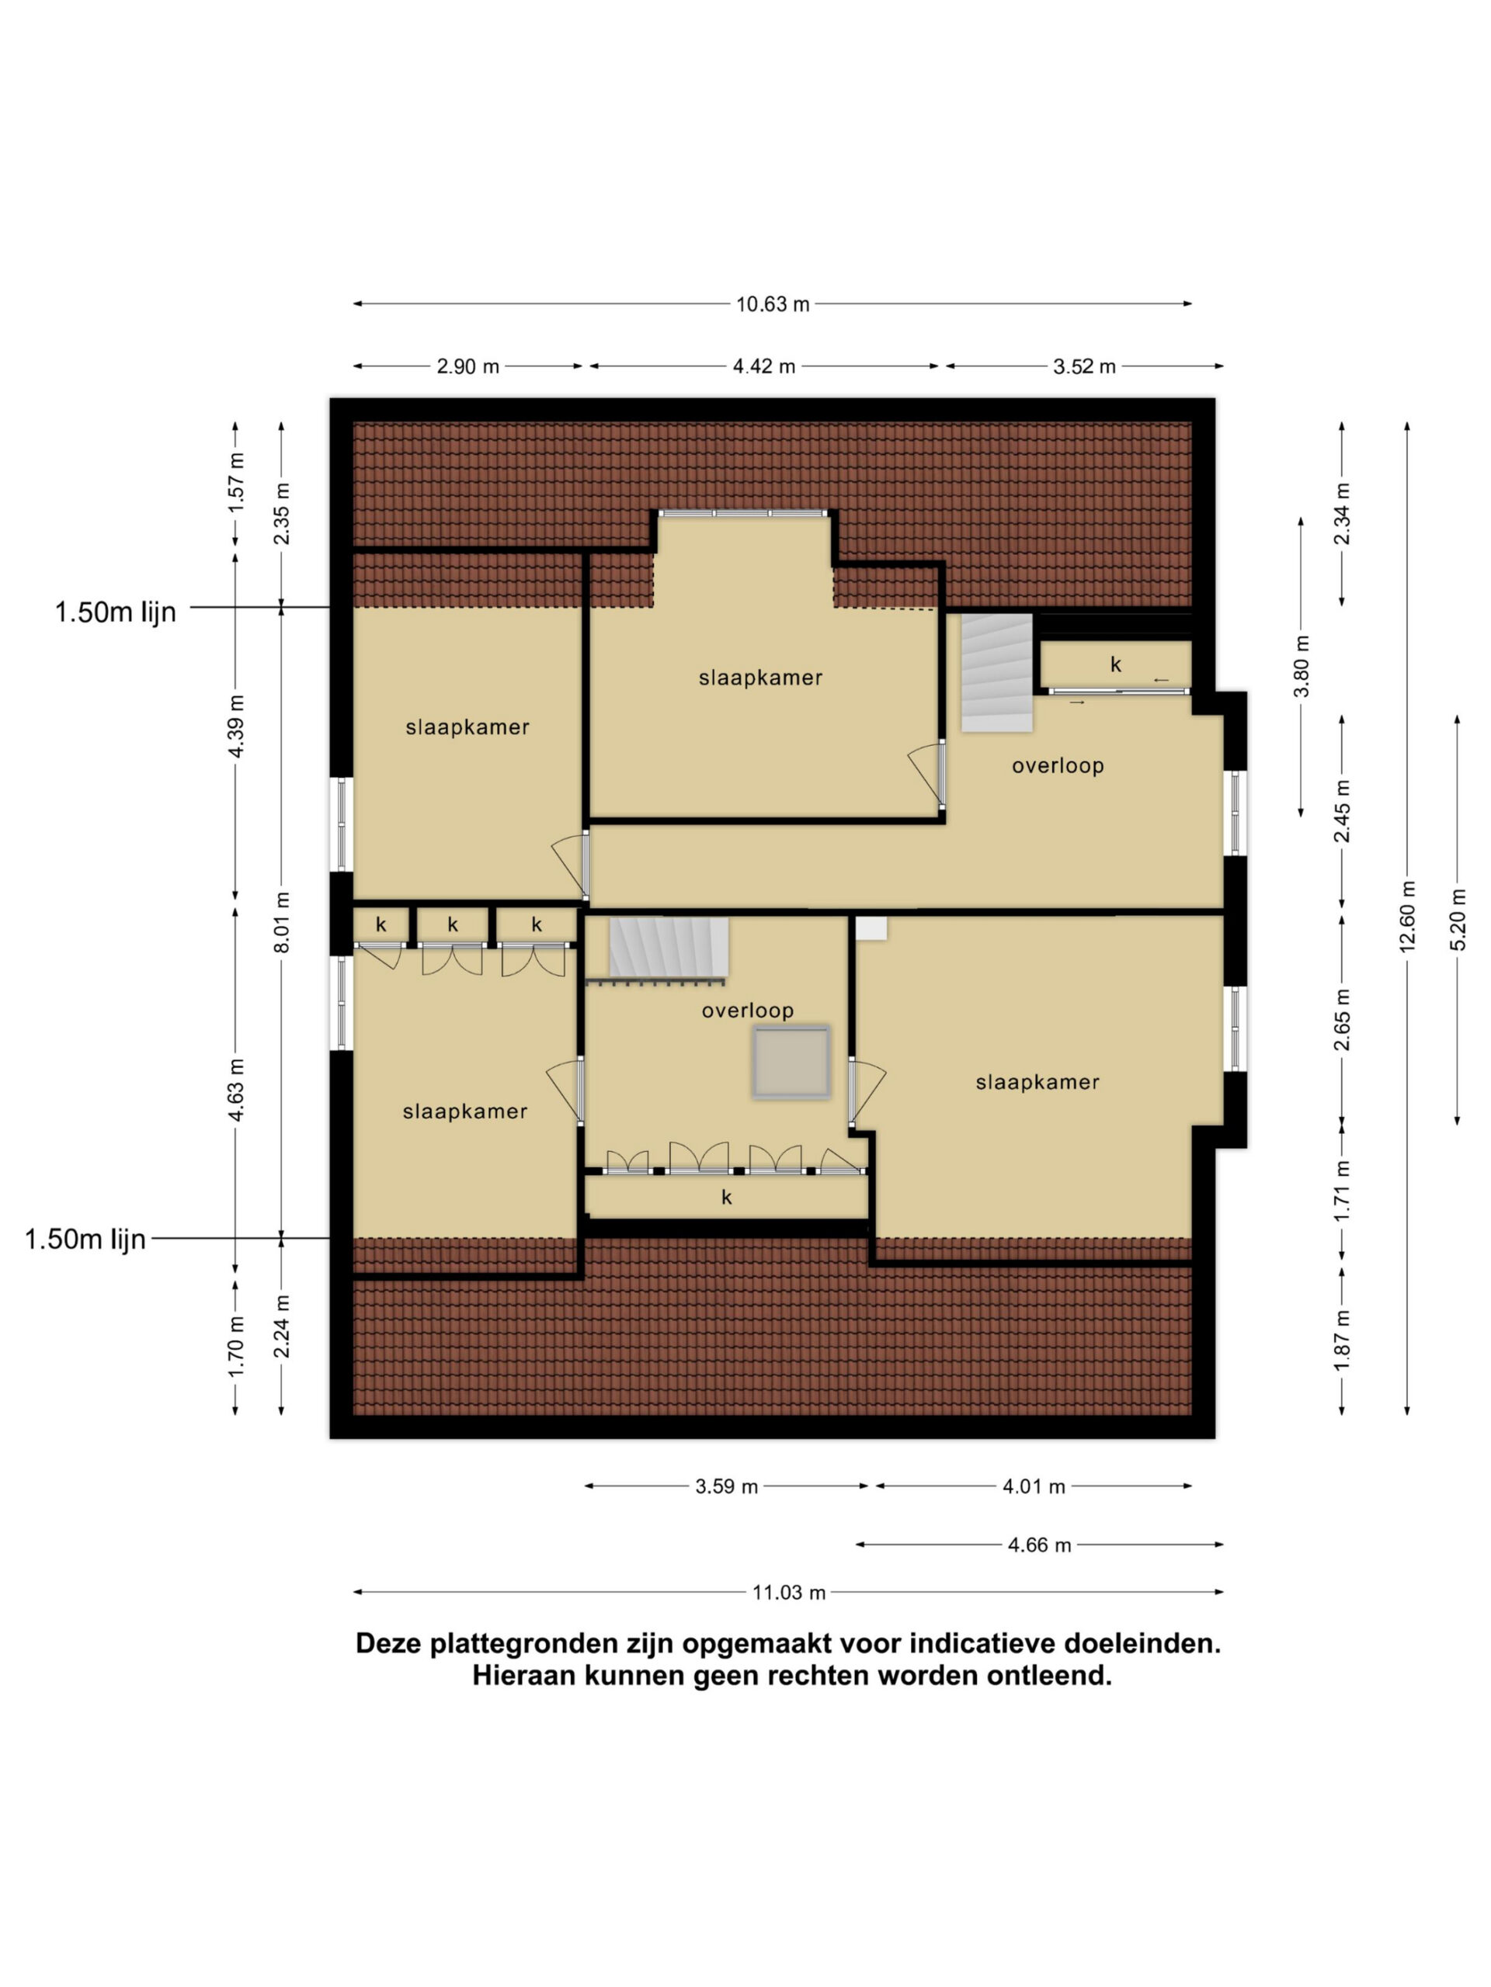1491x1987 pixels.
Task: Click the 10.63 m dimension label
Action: tap(773, 304)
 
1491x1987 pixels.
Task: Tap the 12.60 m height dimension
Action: tap(1407, 916)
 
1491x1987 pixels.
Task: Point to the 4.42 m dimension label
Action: tap(764, 366)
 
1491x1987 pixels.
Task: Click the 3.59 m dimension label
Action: tap(726, 1486)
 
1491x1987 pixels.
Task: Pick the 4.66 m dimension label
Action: tap(1039, 1545)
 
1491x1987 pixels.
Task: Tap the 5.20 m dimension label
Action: tap(1458, 919)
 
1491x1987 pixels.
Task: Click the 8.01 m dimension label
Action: tap(282, 923)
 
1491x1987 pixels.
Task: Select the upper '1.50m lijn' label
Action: tap(115, 612)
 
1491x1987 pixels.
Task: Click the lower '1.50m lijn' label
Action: tap(85, 1239)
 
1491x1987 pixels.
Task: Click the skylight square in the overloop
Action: tap(791, 1061)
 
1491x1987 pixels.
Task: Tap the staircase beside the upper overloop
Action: tap(996, 673)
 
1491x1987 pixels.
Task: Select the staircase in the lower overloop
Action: tap(669, 946)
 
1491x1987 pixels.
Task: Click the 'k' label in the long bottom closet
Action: tap(726, 1197)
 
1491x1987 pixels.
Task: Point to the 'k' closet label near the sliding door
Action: tap(1115, 664)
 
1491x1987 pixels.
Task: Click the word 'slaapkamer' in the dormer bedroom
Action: tap(760, 678)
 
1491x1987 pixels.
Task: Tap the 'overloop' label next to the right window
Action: tap(1058, 765)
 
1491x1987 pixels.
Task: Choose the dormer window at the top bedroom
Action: tap(742, 513)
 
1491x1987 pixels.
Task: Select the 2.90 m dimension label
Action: tap(467, 366)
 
